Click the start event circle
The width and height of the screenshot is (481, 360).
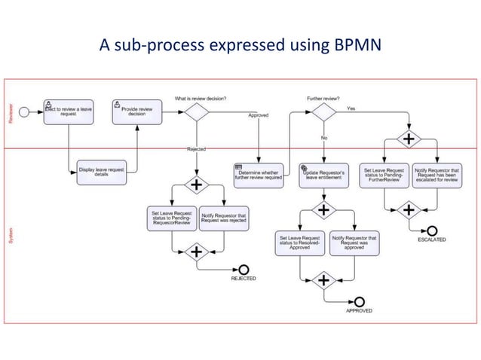coord(24,112)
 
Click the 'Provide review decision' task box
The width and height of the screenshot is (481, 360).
coord(136,112)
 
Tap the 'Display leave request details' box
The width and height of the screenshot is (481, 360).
coord(102,172)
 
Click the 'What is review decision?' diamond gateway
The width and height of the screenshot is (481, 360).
coord(196,112)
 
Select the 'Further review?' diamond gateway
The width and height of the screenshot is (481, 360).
coord(323,112)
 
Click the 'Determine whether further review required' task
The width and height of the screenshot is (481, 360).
coord(258,175)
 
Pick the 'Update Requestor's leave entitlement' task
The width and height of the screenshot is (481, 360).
coord(323,175)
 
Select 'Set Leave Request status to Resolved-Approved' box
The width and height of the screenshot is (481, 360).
coord(299,242)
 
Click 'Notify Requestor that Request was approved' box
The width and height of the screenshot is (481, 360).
coord(352,242)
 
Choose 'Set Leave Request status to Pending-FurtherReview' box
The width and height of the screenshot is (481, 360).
coord(384,175)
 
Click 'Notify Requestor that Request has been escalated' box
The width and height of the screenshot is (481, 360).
coord(436,175)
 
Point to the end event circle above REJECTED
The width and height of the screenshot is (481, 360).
coord(244,269)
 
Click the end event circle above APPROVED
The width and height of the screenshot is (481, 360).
coord(359,301)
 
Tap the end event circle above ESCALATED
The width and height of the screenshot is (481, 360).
coord(431,229)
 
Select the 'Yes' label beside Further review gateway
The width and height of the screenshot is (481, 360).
coord(351,108)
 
